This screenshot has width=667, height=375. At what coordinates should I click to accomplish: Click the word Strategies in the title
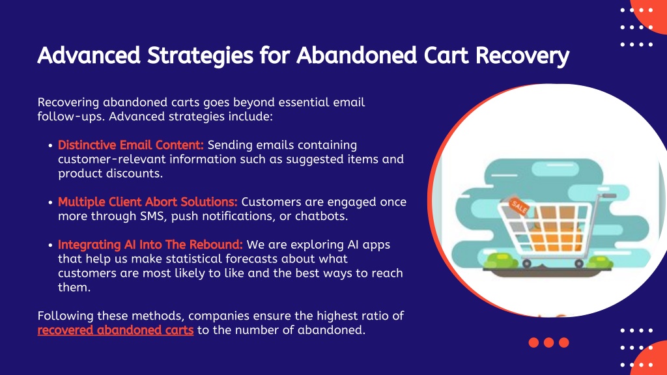pos(200,56)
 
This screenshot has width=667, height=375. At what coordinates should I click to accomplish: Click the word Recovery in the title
pos(522,56)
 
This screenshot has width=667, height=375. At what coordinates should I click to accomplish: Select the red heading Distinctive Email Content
pos(131,145)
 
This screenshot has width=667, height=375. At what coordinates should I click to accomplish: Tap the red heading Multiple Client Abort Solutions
pos(148,202)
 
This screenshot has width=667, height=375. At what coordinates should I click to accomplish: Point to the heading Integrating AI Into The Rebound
pos(150,245)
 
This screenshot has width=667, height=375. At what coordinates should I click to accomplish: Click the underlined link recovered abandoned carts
pos(115,330)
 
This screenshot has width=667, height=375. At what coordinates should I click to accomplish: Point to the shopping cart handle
pos(606,196)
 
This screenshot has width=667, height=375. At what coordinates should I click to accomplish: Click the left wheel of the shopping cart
pos(526,264)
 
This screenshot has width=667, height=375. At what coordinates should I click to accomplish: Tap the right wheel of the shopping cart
pos(579,264)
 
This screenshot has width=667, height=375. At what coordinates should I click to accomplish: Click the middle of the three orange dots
pos(548,342)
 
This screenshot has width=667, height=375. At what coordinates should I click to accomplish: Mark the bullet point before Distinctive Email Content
pos(50,145)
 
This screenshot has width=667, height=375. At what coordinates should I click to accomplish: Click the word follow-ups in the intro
pos(71,117)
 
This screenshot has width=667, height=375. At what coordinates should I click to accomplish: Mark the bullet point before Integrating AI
pos(50,245)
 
